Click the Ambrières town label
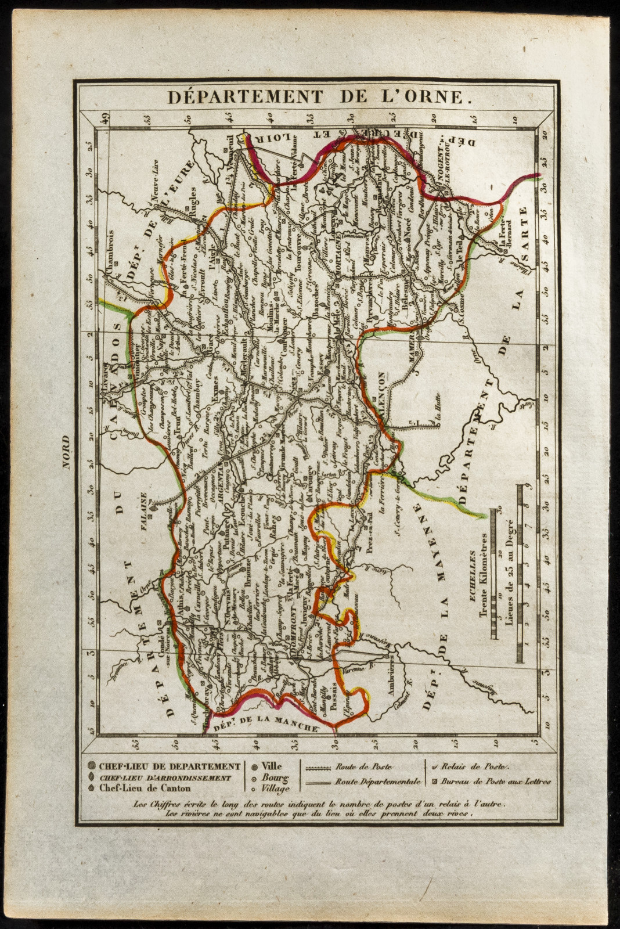[395, 672]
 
